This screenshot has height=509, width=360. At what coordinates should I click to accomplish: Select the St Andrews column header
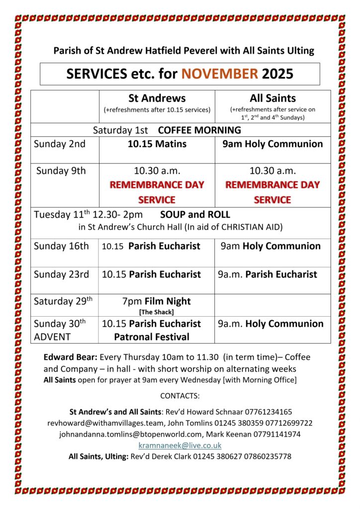(x=157, y=98)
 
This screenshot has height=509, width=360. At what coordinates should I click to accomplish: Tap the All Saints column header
(x=272, y=98)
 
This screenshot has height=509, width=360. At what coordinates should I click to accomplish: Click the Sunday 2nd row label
(x=60, y=144)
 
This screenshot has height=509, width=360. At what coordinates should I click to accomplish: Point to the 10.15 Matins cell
(x=157, y=144)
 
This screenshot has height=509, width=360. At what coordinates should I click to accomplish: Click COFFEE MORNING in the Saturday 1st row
(x=199, y=130)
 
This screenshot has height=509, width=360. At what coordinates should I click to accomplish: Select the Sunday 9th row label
(x=61, y=171)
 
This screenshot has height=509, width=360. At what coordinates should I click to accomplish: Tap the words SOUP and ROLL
(x=195, y=215)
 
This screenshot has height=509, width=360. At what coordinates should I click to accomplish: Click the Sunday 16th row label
(x=62, y=246)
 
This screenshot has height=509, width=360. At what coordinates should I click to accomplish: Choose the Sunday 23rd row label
(x=62, y=274)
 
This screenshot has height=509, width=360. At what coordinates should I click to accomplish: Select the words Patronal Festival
(x=152, y=337)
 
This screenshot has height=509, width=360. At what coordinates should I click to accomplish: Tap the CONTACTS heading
(x=180, y=396)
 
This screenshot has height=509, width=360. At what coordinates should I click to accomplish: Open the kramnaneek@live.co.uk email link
(x=180, y=445)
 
